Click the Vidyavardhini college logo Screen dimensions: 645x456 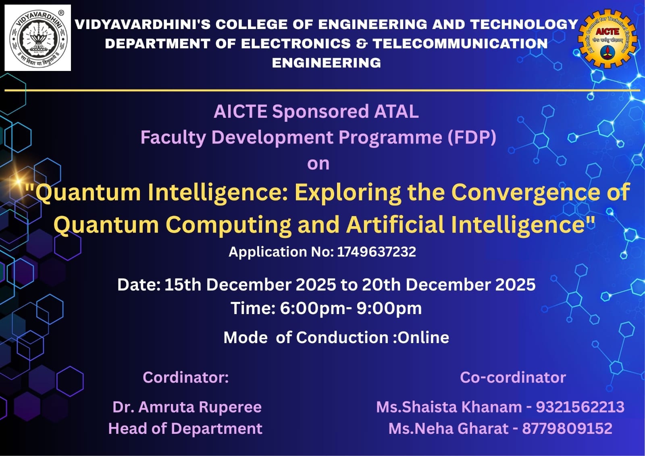point(38,38)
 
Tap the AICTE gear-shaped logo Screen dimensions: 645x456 point(607,39)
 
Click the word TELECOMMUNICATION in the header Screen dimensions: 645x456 point(460,44)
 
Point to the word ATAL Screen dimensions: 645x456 point(396,111)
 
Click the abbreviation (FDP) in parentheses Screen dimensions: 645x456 point(472,137)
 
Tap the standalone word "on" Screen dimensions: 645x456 point(318,164)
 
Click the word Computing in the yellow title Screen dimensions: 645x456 point(228,225)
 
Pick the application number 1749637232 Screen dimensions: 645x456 point(377,252)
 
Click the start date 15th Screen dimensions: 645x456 point(183,285)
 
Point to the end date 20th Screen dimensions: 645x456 point(381,285)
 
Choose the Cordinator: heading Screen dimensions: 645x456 point(186,377)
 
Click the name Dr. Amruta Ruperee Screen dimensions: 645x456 point(187,407)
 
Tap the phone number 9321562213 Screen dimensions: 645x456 point(580,407)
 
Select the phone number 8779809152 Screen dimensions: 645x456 point(567,428)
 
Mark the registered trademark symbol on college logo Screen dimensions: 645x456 point(61,13)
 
